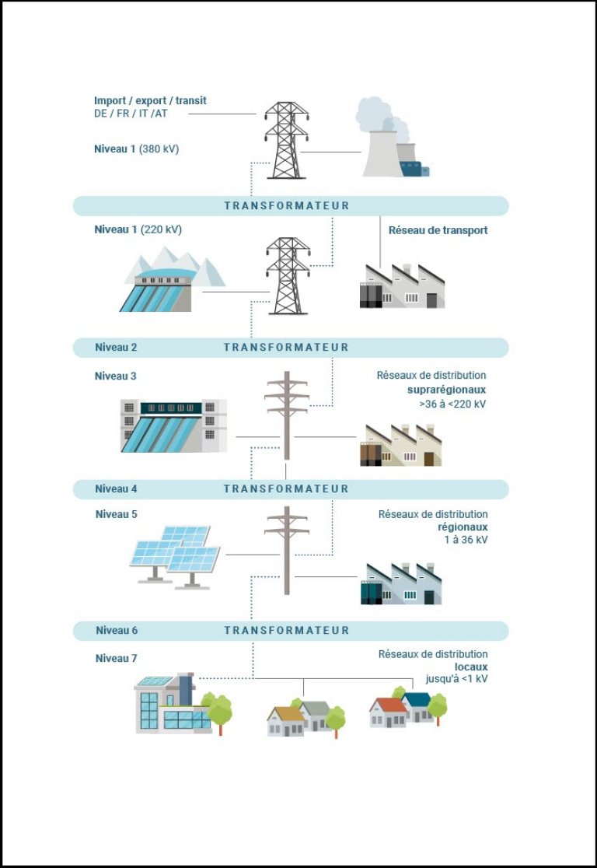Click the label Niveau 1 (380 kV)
click(x=136, y=149)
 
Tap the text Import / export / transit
click(x=150, y=101)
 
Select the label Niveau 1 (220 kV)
click(x=138, y=229)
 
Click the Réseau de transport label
click(x=438, y=230)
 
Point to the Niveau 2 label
click(x=116, y=347)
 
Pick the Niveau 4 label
click(x=116, y=488)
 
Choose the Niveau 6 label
click(x=117, y=630)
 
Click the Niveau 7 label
click(x=116, y=659)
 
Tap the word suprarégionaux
click(x=447, y=390)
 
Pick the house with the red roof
click(x=388, y=712)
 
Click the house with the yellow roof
click(x=286, y=719)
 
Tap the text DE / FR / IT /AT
click(x=131, y=114)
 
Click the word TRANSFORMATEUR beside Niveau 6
click(x=287, y=630)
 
